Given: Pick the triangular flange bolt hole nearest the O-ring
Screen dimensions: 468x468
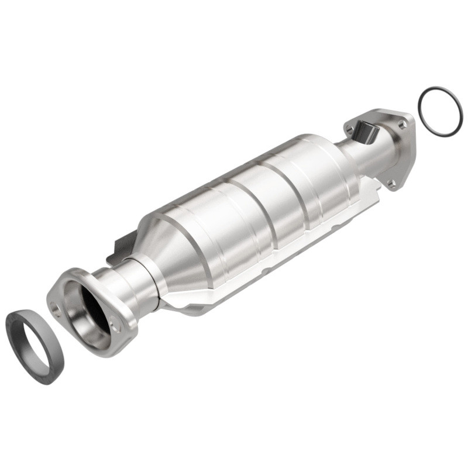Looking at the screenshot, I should [x=402, y=124].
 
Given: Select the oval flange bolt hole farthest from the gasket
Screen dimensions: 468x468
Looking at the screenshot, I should [x=116, y=328].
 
